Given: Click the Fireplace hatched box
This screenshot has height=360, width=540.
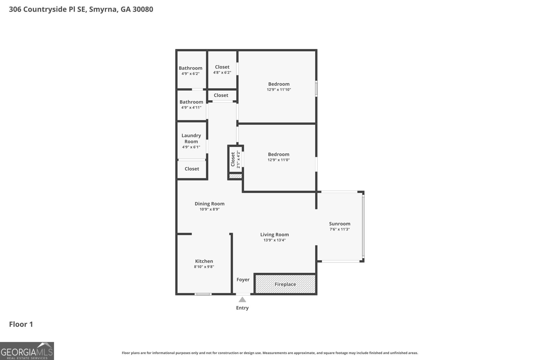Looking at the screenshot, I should coord(285,284).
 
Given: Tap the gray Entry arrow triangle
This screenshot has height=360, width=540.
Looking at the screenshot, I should coord(242,300).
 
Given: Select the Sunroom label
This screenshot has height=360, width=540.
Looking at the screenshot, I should coord(340,224).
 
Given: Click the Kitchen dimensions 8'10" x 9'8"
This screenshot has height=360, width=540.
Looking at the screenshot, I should coord(204,267).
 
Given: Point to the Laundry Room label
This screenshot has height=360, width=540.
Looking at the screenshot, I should coord(191,138).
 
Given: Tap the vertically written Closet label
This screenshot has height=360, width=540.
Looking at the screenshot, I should coord(233,159).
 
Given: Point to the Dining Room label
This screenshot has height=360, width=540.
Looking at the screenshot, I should coord(209,204).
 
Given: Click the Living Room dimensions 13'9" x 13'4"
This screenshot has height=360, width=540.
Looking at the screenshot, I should coord(274,240).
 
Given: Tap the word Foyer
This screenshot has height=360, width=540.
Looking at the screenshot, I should coord(243,280).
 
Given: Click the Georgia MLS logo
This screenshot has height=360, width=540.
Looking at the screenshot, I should coord(27,351).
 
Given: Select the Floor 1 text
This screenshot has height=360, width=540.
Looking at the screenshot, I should coord(21,324).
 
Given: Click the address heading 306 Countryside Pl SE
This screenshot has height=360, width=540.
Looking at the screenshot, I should coord(81,9).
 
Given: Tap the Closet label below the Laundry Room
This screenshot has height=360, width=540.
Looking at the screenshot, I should coord(192,169).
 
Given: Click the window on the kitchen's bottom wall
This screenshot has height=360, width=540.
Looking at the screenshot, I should coord(203,294).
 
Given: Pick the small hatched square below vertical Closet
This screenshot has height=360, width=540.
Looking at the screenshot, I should coord(236,176).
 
